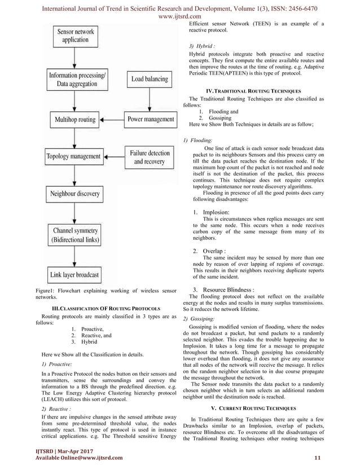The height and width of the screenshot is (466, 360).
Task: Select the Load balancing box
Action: (x=150, y=80)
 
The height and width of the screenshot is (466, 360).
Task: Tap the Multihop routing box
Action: (x=75, y=120)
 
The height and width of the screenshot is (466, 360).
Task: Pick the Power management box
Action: (x=151, y=120)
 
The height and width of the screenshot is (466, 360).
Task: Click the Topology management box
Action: (x=74, y=156)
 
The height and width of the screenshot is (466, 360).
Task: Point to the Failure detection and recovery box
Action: (x=150, y=157)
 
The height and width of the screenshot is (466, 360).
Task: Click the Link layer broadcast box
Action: (x=74, y=275)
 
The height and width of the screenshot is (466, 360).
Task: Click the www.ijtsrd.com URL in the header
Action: (x=179, y=17)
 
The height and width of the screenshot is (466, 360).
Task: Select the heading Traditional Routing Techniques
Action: (x=254, y=91)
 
